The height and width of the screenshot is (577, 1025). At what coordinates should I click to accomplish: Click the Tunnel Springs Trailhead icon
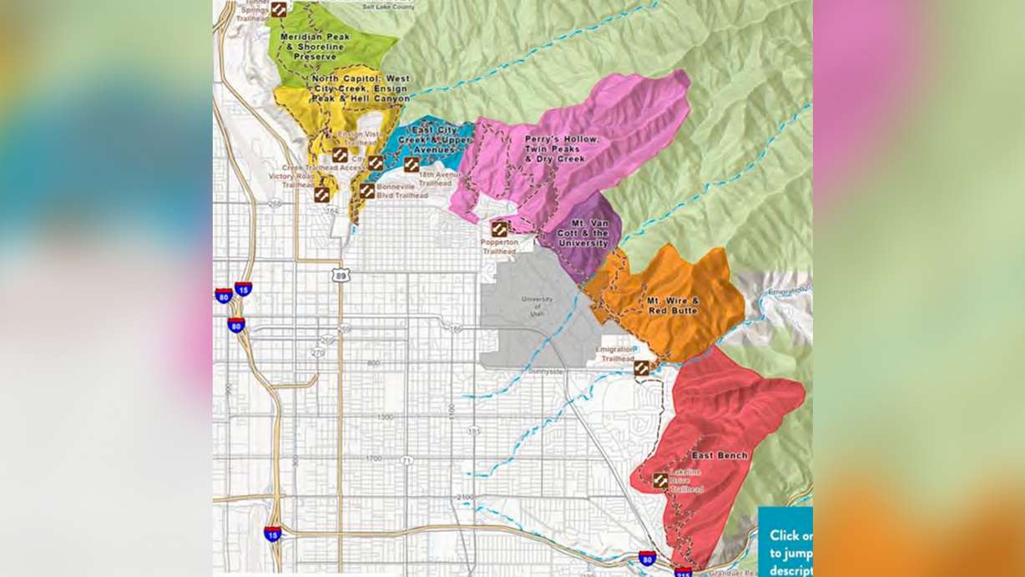[x=279, y=9]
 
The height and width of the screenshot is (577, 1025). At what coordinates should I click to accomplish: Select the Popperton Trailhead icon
[x=499, y=228]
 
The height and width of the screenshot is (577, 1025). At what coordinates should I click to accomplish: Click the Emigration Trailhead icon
[x=641, y=367]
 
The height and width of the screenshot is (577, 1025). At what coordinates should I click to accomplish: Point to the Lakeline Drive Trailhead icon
[x=660, y=480]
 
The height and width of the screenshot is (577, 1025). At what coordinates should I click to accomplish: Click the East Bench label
[x=719, y=456]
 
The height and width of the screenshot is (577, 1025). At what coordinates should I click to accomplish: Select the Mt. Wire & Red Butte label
[x=672, y=304]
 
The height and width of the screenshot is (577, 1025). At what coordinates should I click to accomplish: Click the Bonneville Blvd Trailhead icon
[x=366, y=190]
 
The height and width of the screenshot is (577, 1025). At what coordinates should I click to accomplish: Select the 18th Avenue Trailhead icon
[x=412, y=164]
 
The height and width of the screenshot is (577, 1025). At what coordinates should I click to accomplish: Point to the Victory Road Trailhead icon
[x=321, y=194]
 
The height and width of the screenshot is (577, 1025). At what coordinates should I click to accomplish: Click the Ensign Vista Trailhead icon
[x=340, y=154]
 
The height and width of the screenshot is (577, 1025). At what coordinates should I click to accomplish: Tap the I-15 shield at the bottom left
[x=272, y=534]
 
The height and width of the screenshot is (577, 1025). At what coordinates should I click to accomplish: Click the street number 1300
[x=384, y=416]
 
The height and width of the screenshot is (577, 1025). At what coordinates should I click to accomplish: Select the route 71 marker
[x=406, y=461]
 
